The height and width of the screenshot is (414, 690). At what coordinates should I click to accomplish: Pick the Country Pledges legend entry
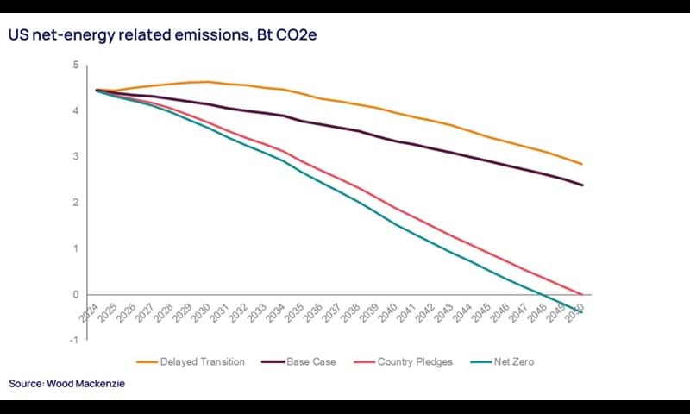415,361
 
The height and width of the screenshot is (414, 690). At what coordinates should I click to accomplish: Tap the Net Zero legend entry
512,361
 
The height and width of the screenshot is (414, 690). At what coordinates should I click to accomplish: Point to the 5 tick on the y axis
76,65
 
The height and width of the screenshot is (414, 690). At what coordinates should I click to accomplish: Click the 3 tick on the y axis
76,157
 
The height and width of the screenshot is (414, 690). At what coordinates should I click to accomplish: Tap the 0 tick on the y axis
76,294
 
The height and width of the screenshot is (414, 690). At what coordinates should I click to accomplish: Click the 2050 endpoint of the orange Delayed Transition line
582,164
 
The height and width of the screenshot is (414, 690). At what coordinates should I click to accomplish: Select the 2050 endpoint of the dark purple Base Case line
582,185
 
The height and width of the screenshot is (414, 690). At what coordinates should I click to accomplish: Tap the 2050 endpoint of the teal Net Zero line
582,312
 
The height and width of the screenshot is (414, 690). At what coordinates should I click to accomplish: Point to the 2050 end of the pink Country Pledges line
582,294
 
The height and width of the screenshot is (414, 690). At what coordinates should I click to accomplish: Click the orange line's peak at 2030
208,82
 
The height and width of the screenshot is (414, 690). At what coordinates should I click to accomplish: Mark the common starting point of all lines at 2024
96,90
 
